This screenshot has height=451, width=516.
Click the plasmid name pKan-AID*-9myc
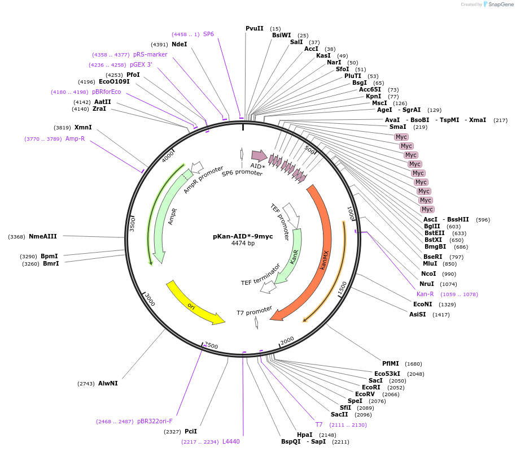tap(243, 236)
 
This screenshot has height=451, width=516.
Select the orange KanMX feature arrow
tap(323, 254)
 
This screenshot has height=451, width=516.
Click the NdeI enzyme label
tap(180, 44)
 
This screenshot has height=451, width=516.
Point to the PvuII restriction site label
tap(255, 28)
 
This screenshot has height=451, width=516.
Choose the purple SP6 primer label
tap(208, 34)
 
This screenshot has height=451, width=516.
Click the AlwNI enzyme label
tap(108, 383)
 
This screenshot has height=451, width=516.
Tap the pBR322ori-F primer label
tap(155, 421)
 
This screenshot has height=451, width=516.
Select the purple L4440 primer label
tap(231, 441)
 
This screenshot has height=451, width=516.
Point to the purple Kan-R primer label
tap(425, 294)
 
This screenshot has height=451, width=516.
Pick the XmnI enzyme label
tap(83, 128)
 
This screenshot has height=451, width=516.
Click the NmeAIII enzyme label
tap(43, 237)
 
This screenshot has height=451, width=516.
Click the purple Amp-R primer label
tap(75, 138)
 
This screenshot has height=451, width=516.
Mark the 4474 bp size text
tap(243, 244)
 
